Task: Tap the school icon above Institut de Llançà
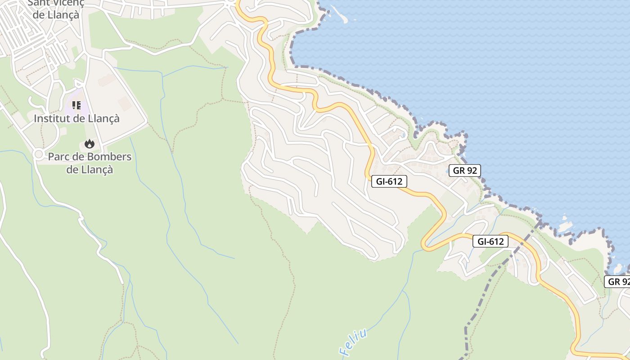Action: point(76,105)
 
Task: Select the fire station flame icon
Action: point(90,144)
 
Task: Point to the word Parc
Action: point(58,157)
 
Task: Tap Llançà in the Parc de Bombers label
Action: point(98,170)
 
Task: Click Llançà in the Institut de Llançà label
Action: point(103,119)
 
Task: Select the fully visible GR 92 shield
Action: point(465,171)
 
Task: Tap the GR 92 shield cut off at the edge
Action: point(618,282)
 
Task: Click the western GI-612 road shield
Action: point(389,181)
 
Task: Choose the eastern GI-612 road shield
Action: point(490,242)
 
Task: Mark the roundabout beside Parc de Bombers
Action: point(39,154)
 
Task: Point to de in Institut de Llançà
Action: point(77,119)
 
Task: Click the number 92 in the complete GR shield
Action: point(472,171)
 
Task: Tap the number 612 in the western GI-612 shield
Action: point(395,181)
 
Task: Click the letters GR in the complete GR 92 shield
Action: point(459,171)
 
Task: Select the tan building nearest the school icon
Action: point(107,81)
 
